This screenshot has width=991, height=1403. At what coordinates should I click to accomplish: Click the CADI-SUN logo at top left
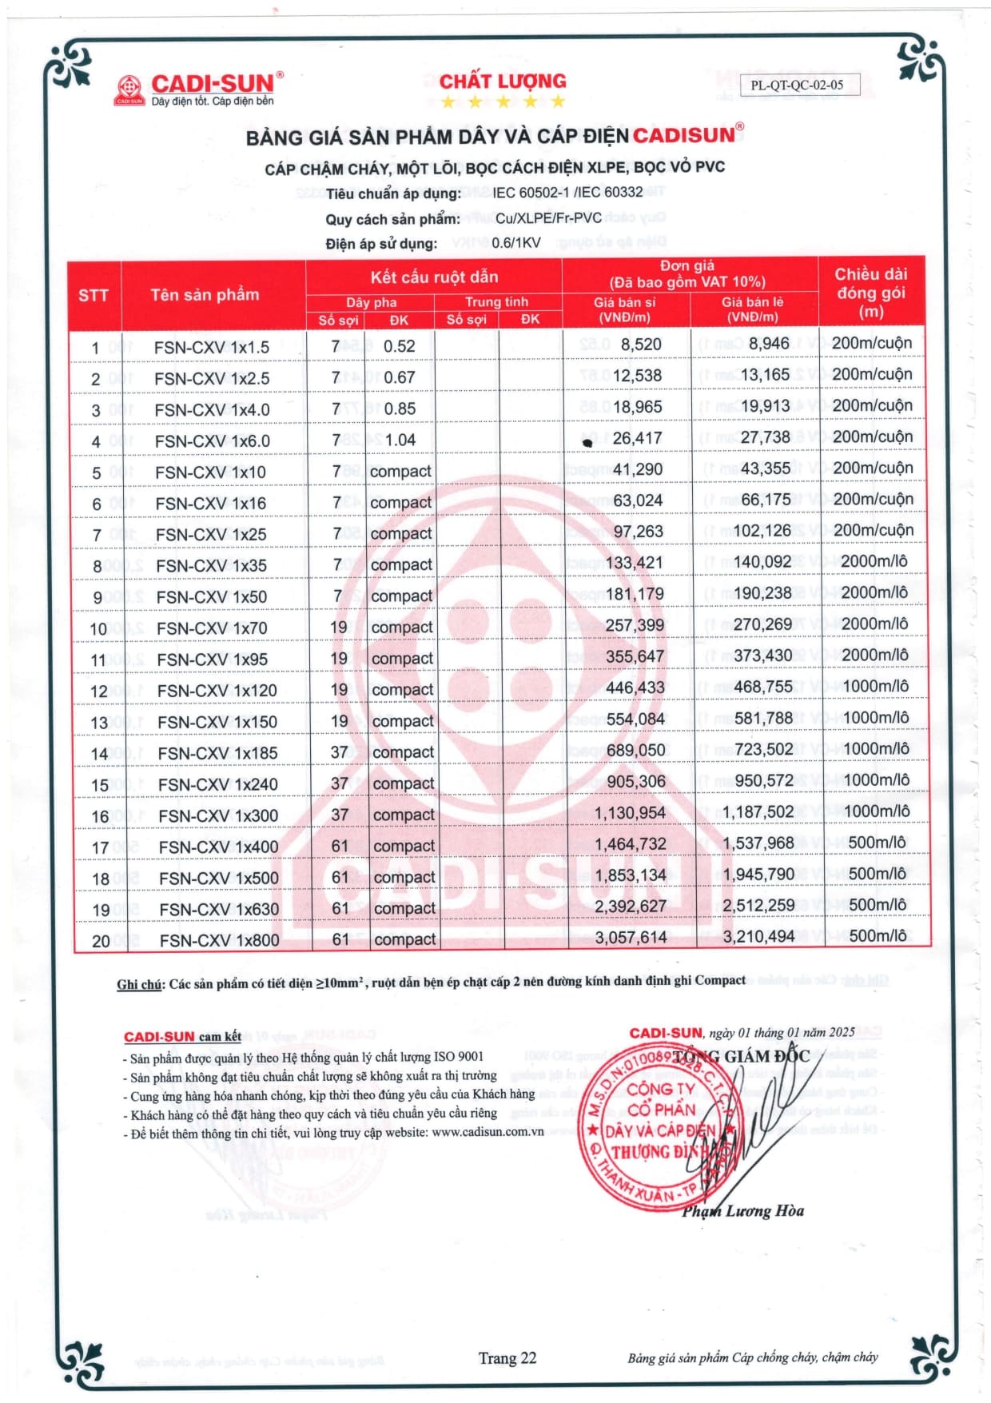point(197,89)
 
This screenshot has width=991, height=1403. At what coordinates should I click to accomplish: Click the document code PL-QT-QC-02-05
point(797,85)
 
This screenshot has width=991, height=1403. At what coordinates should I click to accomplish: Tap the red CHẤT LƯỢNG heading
point(502,82)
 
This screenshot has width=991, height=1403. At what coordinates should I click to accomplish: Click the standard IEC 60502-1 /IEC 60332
point(567,193)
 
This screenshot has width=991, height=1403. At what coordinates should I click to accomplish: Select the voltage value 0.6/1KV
point(515,243)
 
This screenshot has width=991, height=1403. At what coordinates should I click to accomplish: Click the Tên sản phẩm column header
point(205,295)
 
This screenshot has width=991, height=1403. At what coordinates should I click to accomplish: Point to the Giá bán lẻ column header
point(752,309)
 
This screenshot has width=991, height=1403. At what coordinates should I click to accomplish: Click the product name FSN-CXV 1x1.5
point(211,348)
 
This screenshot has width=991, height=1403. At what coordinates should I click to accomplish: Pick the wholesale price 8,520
point(640,345)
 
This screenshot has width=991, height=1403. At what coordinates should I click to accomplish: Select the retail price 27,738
point(765,437)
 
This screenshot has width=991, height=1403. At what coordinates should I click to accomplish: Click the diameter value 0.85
point(400,409)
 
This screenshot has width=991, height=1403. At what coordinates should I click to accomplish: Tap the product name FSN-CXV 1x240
point(217,785)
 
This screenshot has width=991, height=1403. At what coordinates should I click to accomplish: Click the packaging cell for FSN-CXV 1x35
point(874,561)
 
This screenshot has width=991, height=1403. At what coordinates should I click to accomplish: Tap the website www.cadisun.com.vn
point(488,1132)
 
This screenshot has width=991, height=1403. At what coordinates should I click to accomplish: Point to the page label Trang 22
point(507,1358)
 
